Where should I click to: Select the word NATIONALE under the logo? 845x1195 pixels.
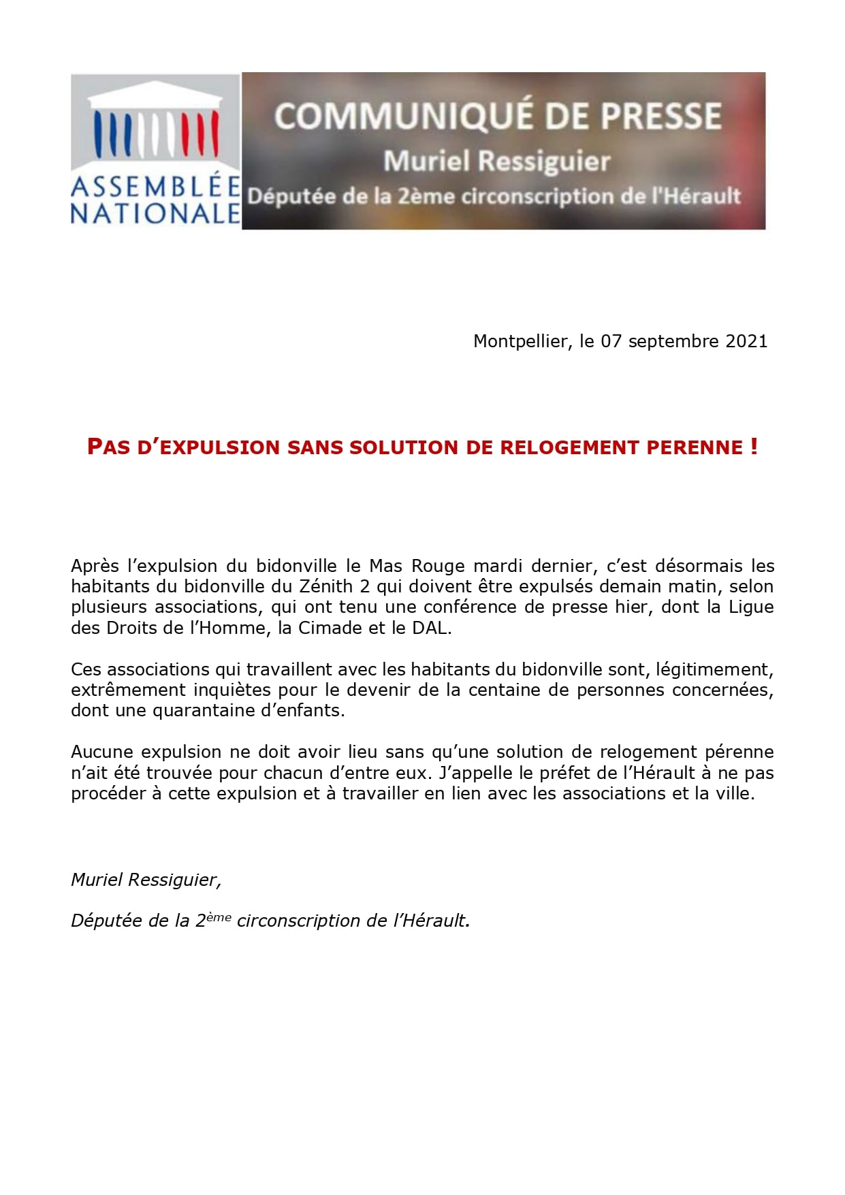(x=155, y=214)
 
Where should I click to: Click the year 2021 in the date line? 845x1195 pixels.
(x=746, y=341)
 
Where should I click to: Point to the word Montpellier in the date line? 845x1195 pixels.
(x=521, y=341)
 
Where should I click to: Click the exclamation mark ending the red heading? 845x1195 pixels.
(x=754, y=447)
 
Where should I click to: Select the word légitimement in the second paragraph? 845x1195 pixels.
(x=712, y=669)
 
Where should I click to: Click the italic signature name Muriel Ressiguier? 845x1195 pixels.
(x=146, y=880)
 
